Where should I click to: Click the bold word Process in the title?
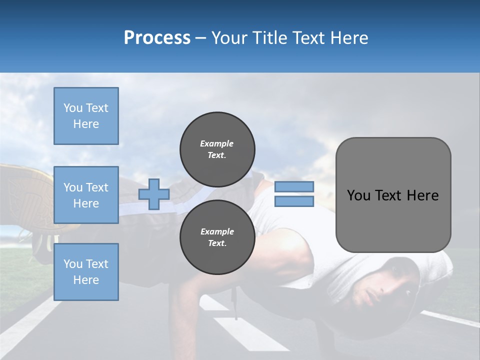coord(157,38)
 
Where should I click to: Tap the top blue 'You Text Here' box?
coord(86,116)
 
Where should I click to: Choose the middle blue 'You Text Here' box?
coord(86,195)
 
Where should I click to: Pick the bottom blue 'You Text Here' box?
coord(86,271)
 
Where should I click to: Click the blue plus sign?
coord(154,194)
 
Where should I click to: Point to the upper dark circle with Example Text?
coord(217,149)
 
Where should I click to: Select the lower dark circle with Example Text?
coord(217,237)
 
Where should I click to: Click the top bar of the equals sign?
coord(294,186)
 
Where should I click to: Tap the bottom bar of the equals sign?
coord(294,201)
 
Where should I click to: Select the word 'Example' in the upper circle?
coord(217,143)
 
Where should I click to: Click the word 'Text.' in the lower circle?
coord(217,243)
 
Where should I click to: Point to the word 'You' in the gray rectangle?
coord(359,195)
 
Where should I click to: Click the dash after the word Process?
coord(200,38)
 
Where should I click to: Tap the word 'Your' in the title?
coord(228,38)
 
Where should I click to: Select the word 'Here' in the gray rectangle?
coord(422,195)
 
